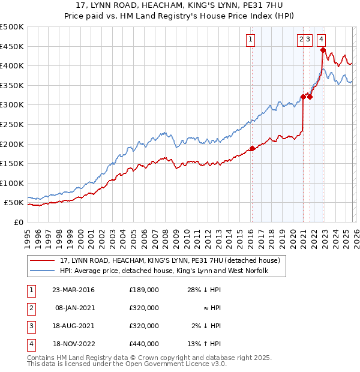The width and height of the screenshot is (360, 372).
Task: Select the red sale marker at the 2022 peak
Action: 323,50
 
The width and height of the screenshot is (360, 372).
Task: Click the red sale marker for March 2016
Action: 252,148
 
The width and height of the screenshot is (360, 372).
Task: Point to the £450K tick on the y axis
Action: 13,46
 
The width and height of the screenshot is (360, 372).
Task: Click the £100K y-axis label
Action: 13,183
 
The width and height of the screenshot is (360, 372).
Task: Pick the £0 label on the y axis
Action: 18,222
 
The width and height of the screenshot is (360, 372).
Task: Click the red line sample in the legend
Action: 43,260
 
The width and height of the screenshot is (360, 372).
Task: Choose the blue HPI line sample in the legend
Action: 43,271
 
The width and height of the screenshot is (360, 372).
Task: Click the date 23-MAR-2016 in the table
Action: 73,290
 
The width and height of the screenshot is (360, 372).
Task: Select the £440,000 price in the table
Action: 144,344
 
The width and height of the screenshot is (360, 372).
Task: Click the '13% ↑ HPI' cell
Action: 203,344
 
